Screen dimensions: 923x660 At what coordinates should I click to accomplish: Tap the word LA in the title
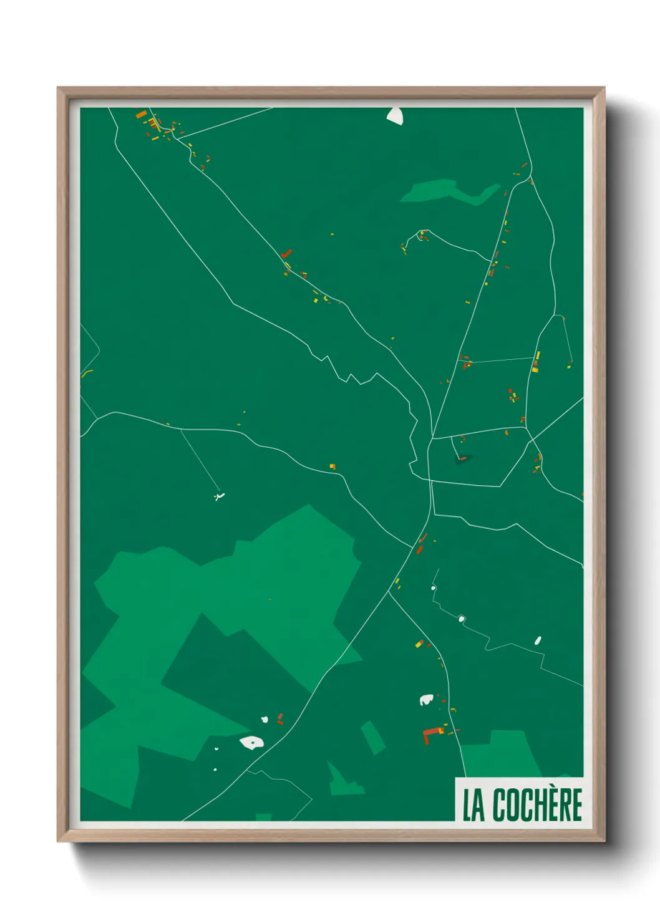point(473,805)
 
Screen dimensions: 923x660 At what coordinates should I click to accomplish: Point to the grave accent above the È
point(555,786)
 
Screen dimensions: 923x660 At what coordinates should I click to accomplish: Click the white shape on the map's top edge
point(395,115)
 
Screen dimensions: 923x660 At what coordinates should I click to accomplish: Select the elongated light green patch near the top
point(449,191)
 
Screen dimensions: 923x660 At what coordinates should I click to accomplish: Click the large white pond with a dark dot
point(251,742)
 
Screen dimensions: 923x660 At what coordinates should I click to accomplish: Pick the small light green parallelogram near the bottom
point(372,737)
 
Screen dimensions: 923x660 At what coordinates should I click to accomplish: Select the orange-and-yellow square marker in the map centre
point(332,466)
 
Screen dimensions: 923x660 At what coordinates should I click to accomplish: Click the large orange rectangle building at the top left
point(141,114)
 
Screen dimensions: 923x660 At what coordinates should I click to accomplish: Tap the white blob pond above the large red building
point(426,700)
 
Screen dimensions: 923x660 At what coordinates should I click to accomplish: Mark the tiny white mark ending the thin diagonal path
point(218,497)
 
